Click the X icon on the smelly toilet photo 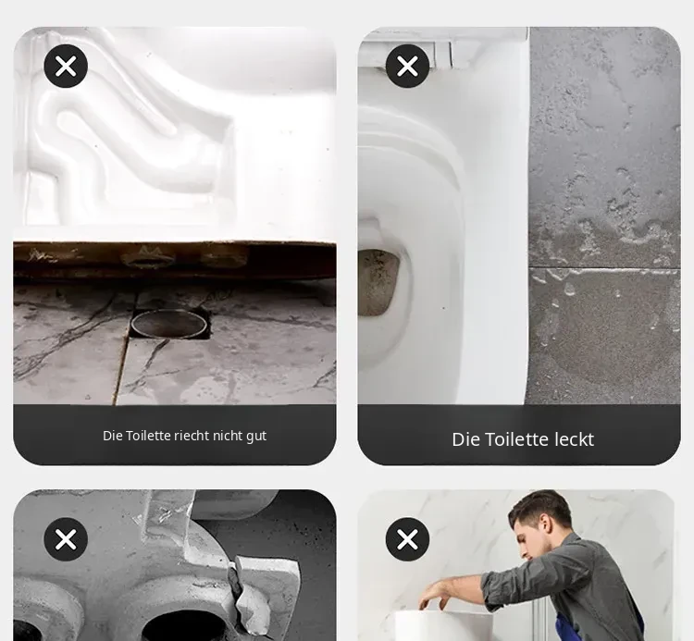point(66,67)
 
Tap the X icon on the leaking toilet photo point(408,67)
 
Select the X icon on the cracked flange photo point(66,539)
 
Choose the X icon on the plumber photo point(408,539)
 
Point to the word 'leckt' point(574,439)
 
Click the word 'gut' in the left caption point(256,437)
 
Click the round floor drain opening point(169,324)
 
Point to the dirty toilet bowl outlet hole point(378,283)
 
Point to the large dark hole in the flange point(186,626)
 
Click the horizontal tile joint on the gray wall point(604,267)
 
